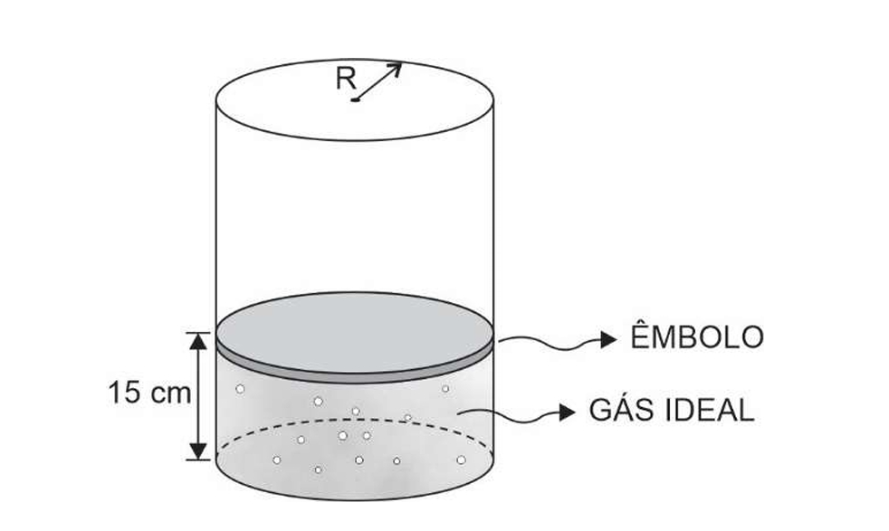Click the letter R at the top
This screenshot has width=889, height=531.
click(x=345, y=79)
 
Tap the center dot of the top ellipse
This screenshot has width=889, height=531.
click(x=356, y=100)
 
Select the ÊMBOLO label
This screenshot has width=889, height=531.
click(x=696, y=338)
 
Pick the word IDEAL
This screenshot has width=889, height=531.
click(x=709, y=411)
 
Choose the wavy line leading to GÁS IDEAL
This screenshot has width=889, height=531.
click(x=511, y=413)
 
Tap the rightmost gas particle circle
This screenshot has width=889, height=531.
click(x=461, y=460)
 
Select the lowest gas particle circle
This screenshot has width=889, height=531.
click(x=319, y=469)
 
